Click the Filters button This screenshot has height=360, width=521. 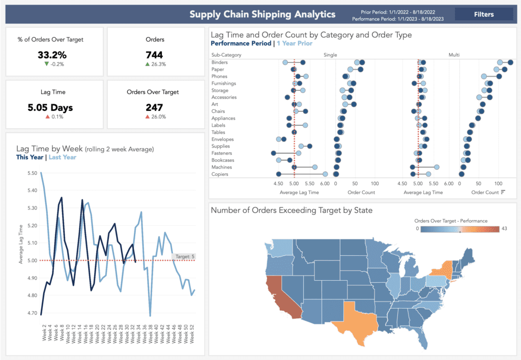pyautogui.click(x=483, y=14)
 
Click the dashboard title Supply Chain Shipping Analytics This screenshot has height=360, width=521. pyautogui.click(x=263, y=14)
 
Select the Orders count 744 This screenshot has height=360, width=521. pyautogui.click(x=154, y=54)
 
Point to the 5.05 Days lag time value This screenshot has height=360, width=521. pyautogui.click(x=50, y=107)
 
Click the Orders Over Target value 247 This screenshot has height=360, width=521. pyautogui.click(x=154, y=107)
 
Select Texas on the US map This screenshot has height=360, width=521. pyautogui.click(x=355, y=315)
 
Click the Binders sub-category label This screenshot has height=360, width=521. pyautogui.click(x=219, y=62)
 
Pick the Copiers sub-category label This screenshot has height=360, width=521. pyautogui.click(x=219, y=174)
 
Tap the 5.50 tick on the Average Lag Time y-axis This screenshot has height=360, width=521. pyautogui.click(x=33, y=173)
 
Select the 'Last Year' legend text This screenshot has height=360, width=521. pyautogui.click(x=62, y=157)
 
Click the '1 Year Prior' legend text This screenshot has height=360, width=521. pyautogui.click(x=295, y=44)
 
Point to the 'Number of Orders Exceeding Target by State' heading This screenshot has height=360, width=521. pyautogui.click(x=292, y=210)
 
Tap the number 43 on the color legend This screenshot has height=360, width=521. pyautogui.click(x=504, y=229)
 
